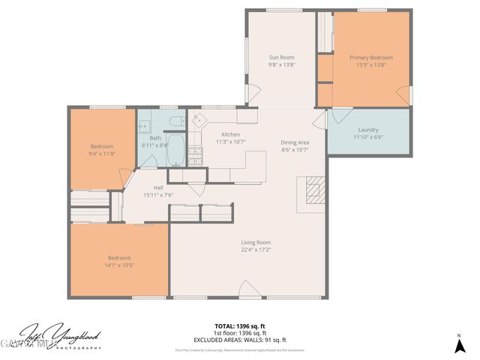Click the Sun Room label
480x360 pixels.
[x=281, y=57]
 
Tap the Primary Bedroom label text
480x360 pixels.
[x=370, y=57]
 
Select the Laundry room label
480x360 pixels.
[x=367, y=129]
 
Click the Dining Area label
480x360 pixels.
[x=295, y=142]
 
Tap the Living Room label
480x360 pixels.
[x=255, y=242]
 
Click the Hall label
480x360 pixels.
[x=158, y=187]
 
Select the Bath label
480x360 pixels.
[x=154, y=138]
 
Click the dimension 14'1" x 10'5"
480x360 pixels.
[x=119, y=265]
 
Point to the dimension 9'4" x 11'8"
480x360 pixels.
[x=102, y=153]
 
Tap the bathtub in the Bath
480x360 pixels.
[x=174, y=150]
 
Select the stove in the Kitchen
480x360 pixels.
[x=195, y=155]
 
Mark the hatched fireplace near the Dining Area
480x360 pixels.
[x=313, y=190]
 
